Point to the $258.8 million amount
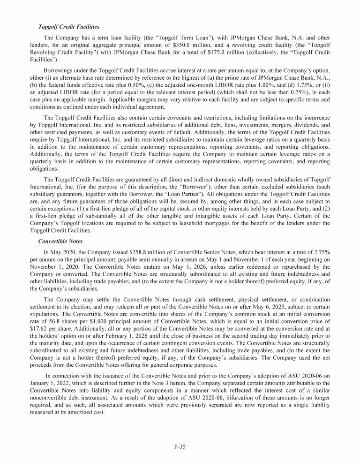pos(137,253)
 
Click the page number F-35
pos(180,446)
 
